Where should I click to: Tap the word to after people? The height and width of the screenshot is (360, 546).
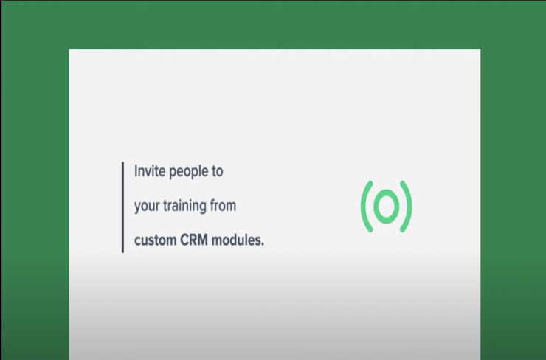click(x=215, y=171)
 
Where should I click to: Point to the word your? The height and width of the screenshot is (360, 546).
click(x=147, y=207)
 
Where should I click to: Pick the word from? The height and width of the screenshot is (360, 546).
click(x=223, y=205)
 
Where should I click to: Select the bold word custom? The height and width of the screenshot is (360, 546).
click(x=155, y=240)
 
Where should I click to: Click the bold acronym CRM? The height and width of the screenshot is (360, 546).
click(x=194, y=240)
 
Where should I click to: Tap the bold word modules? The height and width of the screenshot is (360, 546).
click(x=236, y=240)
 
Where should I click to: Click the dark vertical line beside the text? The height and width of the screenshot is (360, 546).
click(x=122, y=207)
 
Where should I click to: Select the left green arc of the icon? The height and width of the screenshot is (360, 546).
click(x=366, y=207)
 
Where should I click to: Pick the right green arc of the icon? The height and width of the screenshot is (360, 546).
click(x=407, y=207)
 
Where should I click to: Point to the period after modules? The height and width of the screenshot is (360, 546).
click(x=263, y=244)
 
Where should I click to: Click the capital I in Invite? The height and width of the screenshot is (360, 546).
click(x=136, y=171)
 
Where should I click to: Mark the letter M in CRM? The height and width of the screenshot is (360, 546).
click(x=203, y=240)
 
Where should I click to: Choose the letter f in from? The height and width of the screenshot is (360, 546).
click(x=212, y=205)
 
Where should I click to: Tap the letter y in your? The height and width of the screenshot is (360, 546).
click(x=137, y=207)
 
